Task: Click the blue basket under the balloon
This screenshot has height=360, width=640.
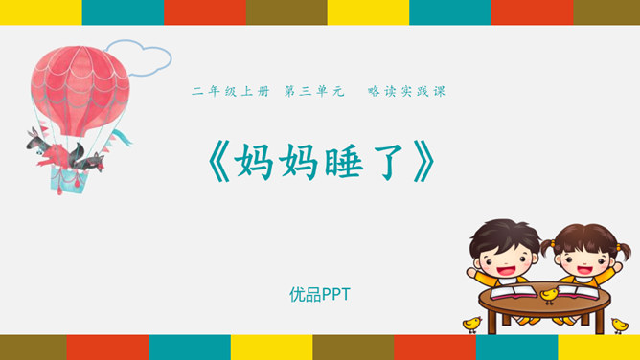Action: (68, 180)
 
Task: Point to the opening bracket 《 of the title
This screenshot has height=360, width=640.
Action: (219, 162)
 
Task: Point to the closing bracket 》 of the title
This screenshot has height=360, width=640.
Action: (424, 162)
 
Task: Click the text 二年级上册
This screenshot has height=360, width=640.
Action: (231, 91)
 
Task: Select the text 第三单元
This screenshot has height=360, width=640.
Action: (314, 91)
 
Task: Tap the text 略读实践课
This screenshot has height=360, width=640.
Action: (406, 91)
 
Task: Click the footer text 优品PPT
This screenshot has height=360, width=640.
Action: (320, 294)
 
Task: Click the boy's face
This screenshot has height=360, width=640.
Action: (506, 261)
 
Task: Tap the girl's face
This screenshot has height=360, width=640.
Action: (584, 262)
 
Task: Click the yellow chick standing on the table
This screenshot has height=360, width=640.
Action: (549, 295)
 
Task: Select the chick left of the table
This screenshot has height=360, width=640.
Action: (472, 325)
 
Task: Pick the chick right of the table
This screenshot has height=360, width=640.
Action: (620, 326)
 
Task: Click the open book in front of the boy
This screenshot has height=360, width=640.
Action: (514, 292)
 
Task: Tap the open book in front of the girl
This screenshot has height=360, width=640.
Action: (579, 291)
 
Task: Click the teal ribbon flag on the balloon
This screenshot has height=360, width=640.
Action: (122, 137)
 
